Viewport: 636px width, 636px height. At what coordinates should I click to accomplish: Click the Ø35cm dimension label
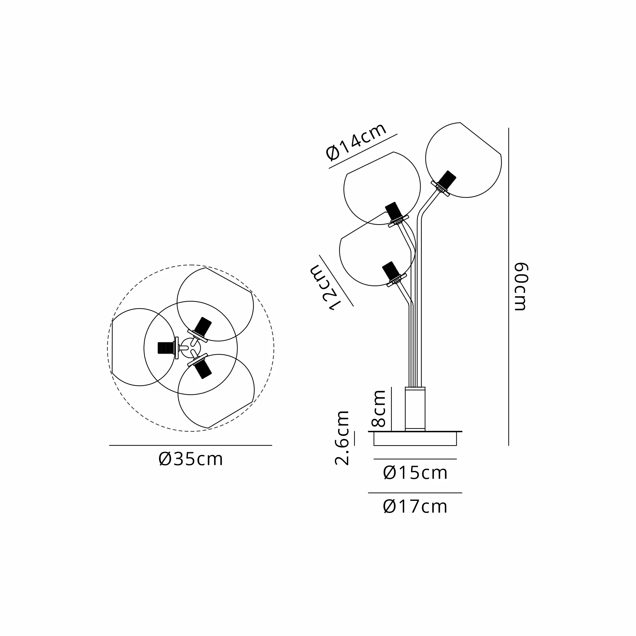coord(190,459)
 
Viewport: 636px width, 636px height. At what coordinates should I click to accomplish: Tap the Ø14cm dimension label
coord(356,142)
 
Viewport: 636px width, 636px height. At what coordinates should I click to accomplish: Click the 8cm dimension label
coord(378,408)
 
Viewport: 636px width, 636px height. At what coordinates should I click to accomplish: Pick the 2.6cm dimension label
coord(342,438)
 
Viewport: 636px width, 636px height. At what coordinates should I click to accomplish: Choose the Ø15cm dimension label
coord(415,473)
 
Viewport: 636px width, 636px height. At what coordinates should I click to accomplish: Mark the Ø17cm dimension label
coord(415,507)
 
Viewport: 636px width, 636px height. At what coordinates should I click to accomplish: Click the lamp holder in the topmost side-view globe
coord(447,180)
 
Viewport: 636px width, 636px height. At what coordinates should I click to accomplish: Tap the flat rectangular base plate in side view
coord(415,439)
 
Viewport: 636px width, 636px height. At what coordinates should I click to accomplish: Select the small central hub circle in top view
coord(190,348)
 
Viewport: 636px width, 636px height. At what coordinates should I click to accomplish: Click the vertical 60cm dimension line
coord(508,287)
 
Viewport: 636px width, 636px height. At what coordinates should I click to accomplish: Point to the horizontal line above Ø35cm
coord(190,446)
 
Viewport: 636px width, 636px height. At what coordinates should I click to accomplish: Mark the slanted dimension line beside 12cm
coord(336,281)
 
